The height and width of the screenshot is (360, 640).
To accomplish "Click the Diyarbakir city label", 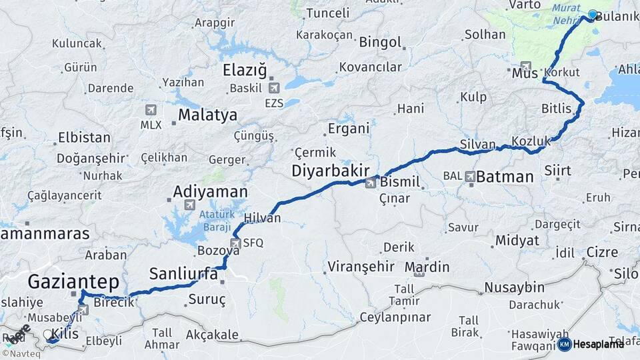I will (331, 171).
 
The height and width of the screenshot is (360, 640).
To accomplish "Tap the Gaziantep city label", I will (73, 281).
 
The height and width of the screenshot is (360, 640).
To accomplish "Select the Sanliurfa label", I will (185, 273).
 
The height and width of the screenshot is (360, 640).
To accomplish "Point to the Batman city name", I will (505, 177).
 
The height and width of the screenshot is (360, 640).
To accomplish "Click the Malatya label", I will (207, 115).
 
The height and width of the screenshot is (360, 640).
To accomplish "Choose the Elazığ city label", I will (245, 70).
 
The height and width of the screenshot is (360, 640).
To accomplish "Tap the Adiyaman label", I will (210, 192).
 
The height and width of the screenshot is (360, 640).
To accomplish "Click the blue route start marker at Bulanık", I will (592, 15).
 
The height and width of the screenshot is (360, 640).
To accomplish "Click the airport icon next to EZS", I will (273, 87).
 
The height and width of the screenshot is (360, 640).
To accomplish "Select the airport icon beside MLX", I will (151, 109).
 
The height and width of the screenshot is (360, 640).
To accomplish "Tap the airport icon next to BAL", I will (470, 177).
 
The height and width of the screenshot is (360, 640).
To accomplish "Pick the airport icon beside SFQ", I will (235, 243).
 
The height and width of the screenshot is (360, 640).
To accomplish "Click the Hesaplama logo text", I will (597, 344).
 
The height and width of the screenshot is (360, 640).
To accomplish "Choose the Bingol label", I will (381, 43).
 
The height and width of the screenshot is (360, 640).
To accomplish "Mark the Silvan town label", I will (477, 145).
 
